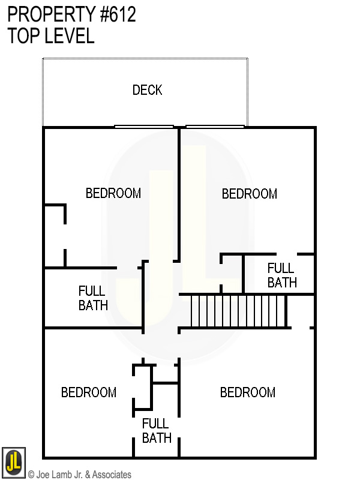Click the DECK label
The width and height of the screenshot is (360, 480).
tap(147, 90)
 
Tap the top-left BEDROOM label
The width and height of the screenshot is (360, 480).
tap(113, 193)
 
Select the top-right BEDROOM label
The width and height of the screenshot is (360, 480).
tap(250, 194)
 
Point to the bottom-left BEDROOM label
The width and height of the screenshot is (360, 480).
tap(89, 392)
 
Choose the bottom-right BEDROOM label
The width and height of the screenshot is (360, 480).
tap(248, 392)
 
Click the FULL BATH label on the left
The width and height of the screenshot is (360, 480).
tap(93, 298)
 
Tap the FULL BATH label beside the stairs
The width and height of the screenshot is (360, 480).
tap(282, 275)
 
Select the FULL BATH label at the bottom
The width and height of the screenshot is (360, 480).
tap(157, 430)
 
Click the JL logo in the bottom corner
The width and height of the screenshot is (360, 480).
tap(13, 463)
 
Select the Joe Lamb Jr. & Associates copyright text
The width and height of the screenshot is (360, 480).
tap(80, 475)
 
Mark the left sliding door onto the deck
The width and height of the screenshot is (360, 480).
tap(144, 126)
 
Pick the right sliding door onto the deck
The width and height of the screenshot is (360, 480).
tap(215, 126)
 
